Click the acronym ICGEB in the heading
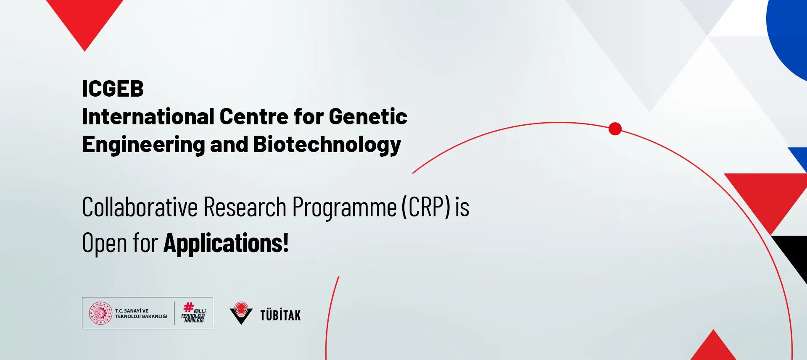point(113,89)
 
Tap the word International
point(148,116)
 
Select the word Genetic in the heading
point(368,116)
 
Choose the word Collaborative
point(140,207)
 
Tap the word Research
point(245,207)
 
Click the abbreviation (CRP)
point(426,207)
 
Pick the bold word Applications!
point(226,243)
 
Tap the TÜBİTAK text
point(280,315)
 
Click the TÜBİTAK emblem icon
point(241,313)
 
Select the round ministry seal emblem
point(100,313)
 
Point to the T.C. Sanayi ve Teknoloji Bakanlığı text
point(141,313)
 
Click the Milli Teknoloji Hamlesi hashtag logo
point(193,313)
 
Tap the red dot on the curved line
point(615,129)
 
